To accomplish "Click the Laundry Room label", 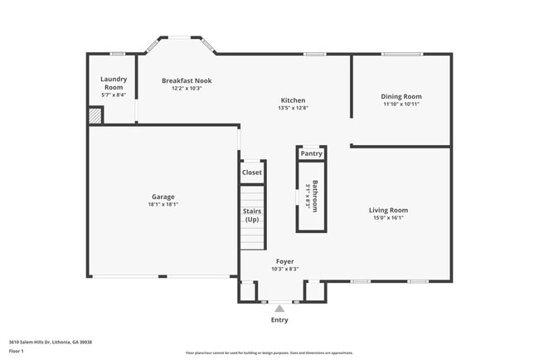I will (113, 83).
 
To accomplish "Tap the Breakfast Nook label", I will (187, 80).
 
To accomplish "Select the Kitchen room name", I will (292, 100).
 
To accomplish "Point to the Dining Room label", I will (401, 96).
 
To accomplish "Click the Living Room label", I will (388, 210).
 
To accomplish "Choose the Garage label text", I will (163, 197).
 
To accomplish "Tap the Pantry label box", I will (311, 153).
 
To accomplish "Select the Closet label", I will (252, 173).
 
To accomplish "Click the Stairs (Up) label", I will (251, 216).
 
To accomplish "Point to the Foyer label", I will (285, 261).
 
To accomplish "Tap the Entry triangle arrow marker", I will (279, 309).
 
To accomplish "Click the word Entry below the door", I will (279, 320).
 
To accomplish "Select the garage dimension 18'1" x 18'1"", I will (163, 204).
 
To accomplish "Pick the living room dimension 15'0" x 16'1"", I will (388, 218).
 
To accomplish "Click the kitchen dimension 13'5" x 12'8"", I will (292, 108).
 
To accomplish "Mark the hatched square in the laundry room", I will (95, 117).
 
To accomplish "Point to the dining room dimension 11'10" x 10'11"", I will (401, 105).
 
